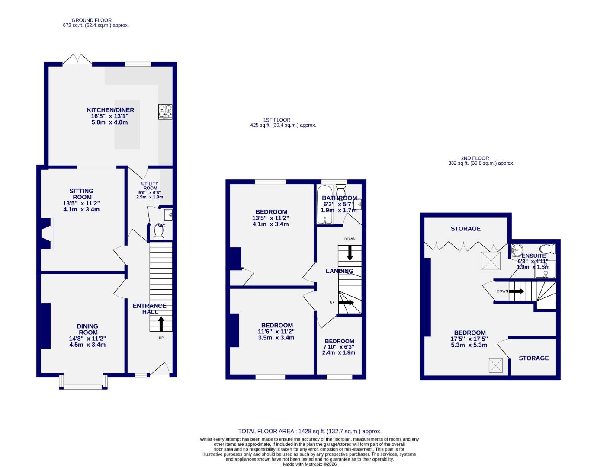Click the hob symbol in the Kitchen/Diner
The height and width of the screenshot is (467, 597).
(x=165, y=112)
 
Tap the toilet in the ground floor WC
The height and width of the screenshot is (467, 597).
(x=158, y=232)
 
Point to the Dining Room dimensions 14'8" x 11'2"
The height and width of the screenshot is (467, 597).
(x=87, y=339)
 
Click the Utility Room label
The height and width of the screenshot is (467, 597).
(x=150, y=186)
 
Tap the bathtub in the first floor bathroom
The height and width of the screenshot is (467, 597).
(x=324, y=205)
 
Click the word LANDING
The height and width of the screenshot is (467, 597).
(x=340, y=271)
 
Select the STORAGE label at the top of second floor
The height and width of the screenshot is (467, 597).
(x=465, y=228)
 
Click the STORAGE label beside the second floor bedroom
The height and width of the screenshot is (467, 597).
(x=533, y=358)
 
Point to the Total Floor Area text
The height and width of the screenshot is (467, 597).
(x=310, y=431)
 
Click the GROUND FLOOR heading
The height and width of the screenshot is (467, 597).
(x=91, y=20)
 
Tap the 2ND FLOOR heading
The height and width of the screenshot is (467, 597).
(x=475, y=158)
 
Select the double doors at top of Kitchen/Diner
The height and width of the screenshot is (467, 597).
(x=77, y=60)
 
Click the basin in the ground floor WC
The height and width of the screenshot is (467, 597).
(x=168, y=214)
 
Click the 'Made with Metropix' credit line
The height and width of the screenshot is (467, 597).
(x=310, y=464)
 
